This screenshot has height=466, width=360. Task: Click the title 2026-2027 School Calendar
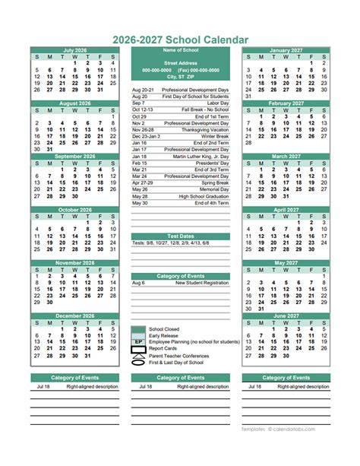coord(179,39)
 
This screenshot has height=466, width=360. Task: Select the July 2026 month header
coord(75,50)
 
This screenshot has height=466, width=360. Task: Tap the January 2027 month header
coord(286,50)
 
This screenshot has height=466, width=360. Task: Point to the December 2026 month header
coord(75,315)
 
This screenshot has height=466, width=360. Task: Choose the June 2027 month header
coord(286,315)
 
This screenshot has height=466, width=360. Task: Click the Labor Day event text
coord(219,103)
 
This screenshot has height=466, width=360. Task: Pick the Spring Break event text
coord(214,182)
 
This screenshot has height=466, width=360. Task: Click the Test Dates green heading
coord(180,236)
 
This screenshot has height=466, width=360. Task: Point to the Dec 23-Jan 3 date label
coord(147,136)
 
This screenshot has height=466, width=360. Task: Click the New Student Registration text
coord(202,282)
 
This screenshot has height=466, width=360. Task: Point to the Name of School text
coord(180,50)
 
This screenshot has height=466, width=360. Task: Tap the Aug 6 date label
coord(138,282)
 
